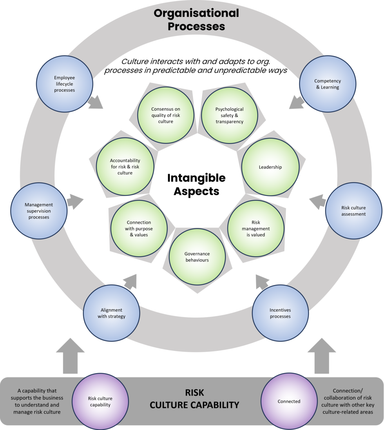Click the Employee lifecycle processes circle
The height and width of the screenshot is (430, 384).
pyautogui.click(x=64, y=84)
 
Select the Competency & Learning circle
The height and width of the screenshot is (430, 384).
pyautogui.click(x=327, y=84)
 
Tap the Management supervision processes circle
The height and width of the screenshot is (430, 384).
pyautogui.click(x=38, y=211)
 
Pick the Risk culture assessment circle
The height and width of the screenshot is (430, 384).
pyautogui.click(x=353, y=211)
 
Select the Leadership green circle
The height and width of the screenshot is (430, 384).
pyautogui.click(x=270, y=167)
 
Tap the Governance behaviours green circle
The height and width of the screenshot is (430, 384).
pyautogui.click(x=197, y=257)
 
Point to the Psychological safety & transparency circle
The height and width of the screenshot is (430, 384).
pyautogui.click(x=229, y=115)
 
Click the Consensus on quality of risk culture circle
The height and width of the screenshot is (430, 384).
pyautogui.click(x=165, y=115)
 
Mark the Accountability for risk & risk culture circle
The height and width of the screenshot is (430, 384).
pyautogui.click(x=125, y=167)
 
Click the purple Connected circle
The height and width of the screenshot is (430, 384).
pyautogui.click(x=289, y=401)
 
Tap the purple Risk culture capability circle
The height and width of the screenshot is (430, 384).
pyautogui.click(x=100, y=401)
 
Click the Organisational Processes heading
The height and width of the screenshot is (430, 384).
pyautogui.click(x=196, y=20)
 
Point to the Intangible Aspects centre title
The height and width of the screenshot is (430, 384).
pyautogui.click(x=196, y=184)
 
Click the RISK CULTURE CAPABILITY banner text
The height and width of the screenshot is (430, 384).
pyautogui.click(x=194, y=399)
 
